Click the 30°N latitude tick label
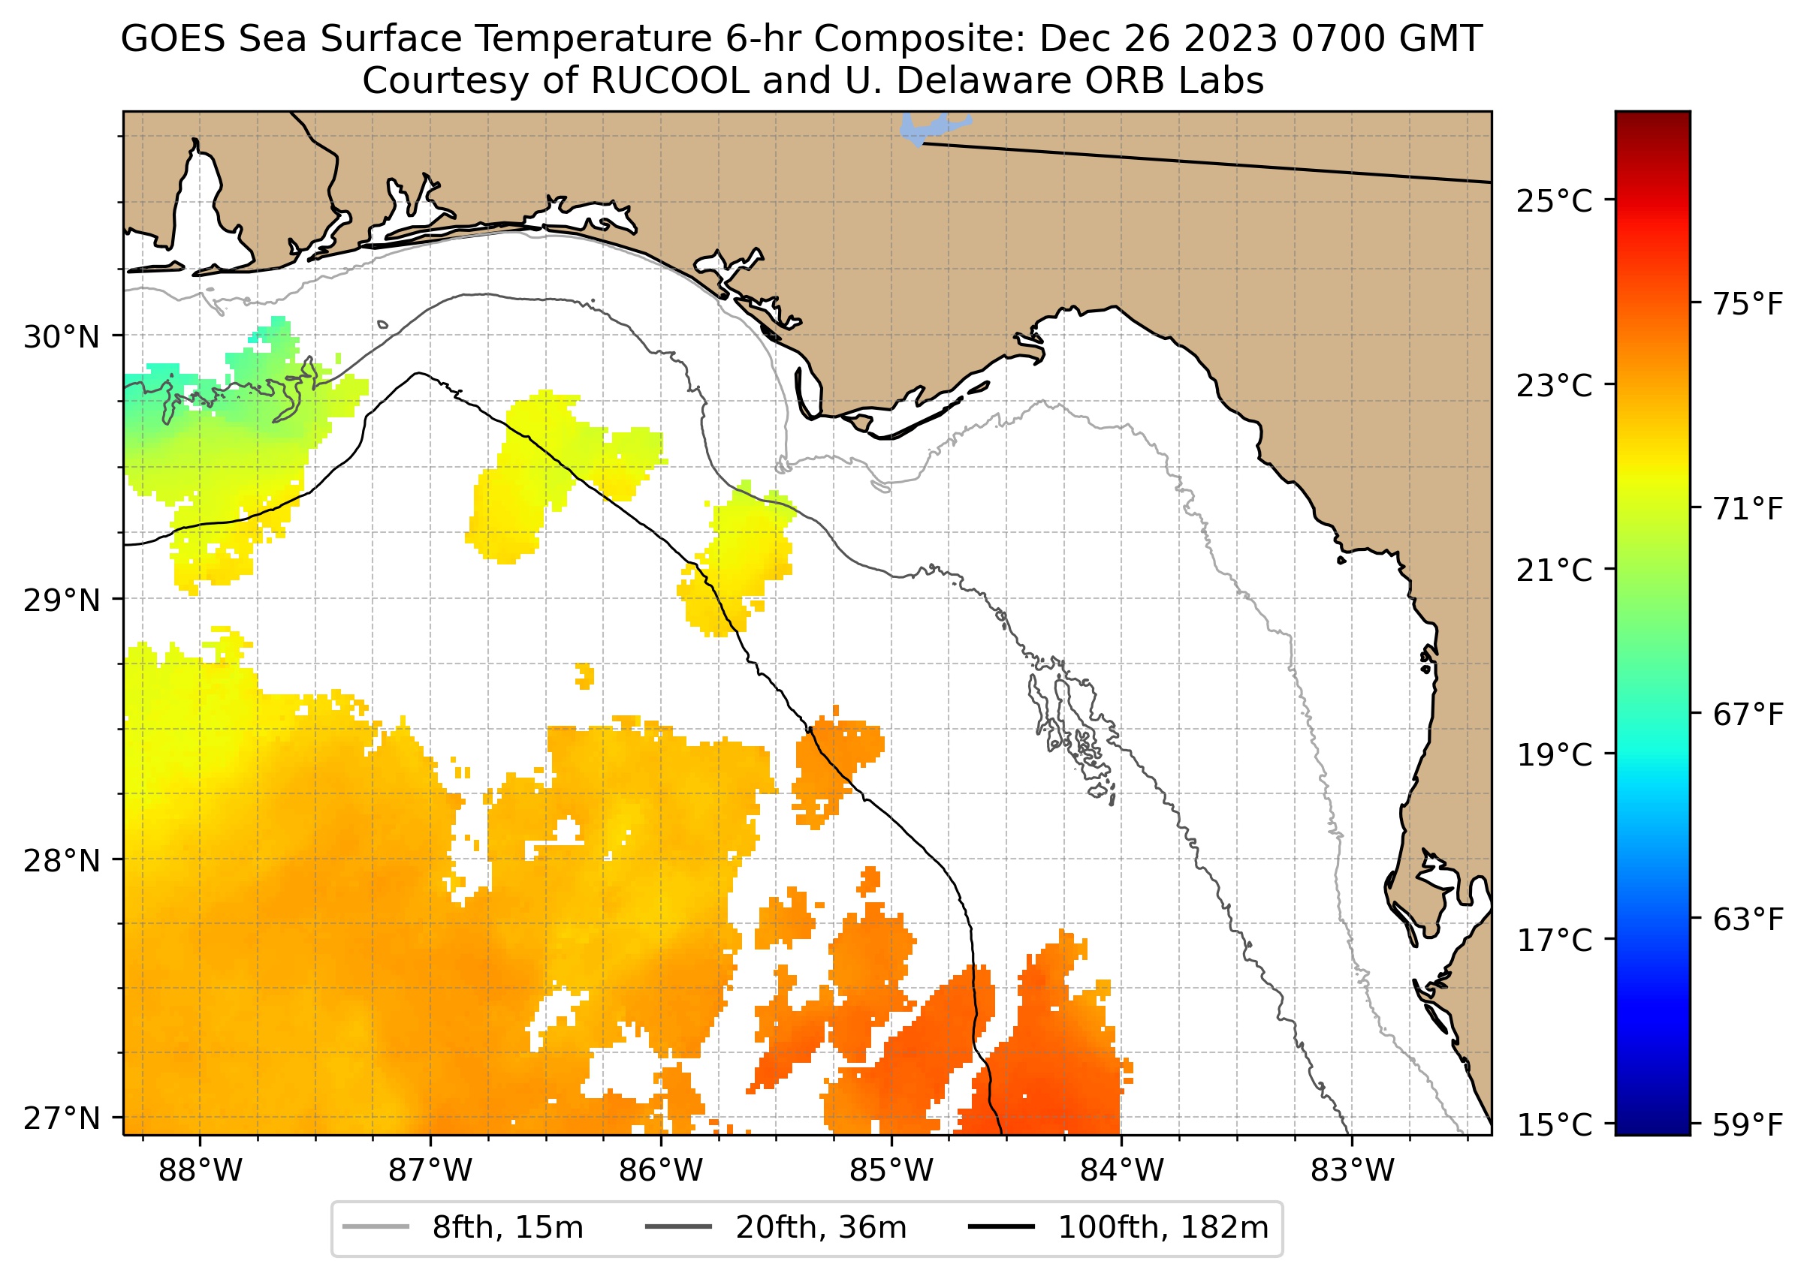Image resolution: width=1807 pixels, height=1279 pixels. [x=62, y=337]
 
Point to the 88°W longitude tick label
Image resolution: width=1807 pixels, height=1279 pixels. [x=201, y=1170]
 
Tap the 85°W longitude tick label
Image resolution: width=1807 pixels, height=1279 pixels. [x=891, y=1170]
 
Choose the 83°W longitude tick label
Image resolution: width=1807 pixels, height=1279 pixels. [x=1353, y=1170]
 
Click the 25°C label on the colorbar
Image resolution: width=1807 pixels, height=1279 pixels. [x=1554, y=202]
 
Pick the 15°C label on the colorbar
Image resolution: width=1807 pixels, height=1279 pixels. [x=1554, y=1124]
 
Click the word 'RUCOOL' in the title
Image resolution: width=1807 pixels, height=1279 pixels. [x=669, y=80]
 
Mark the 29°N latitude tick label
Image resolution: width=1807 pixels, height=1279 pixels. [x=62, y=600]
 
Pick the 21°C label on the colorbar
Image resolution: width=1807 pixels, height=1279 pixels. [x=1554, y=570]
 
